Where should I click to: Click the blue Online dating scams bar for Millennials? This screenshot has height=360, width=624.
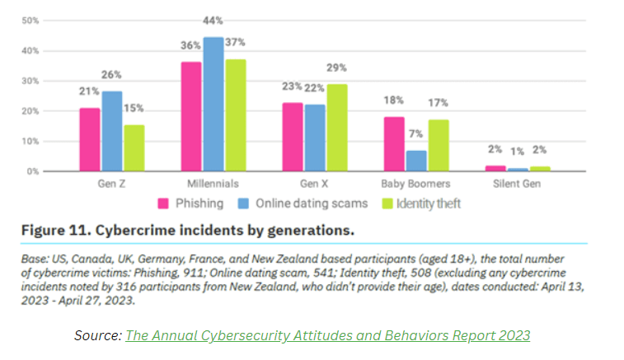(x=213, y=104)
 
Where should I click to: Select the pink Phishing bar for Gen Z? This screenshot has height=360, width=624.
(x=90, y=139)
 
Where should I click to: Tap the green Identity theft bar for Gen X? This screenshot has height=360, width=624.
(x=336, y=128)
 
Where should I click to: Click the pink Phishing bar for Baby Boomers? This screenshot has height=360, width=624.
(x=395, y=144)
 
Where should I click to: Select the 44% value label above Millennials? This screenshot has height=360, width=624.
(x=213, y=21)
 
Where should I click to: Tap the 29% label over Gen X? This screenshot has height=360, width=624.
(x=337, y=68)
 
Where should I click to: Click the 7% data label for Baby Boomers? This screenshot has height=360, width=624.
(x=417, y=134)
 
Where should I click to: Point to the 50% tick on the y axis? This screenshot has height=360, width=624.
(x=30, y=20)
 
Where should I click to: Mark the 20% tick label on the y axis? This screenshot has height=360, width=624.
(x=30, y=111)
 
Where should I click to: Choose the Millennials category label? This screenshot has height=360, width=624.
(x=213, y=184)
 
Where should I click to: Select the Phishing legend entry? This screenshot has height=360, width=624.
(x=190, y=203)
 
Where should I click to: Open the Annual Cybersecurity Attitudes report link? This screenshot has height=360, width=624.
(x=327, y=334)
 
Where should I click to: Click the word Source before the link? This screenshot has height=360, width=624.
(x=96, y=334)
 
